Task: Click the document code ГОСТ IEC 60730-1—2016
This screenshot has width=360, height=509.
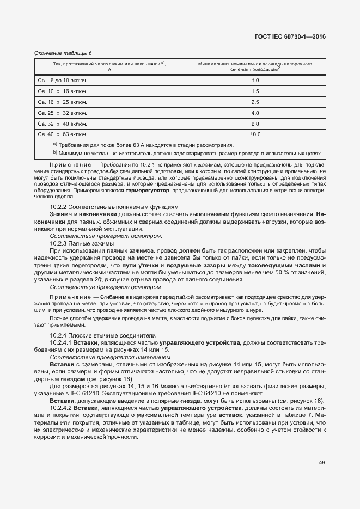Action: (x=294, y=37)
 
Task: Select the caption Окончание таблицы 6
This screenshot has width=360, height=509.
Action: (x=63, y=53)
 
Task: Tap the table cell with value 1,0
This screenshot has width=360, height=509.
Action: (x=254, y=80)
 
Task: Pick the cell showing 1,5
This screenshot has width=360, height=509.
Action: (x=254, y=91)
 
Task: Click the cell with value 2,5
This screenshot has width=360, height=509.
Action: (x=254, y=102)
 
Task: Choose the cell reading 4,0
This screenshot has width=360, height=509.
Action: (x=254, y=113)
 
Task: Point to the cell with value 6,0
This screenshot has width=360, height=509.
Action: (x=254, y=124)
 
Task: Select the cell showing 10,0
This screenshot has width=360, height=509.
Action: (x=254, y=134)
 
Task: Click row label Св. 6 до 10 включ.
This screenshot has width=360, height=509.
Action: (x=62, y=80)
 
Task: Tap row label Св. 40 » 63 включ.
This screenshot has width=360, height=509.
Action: (x=62, y=134)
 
